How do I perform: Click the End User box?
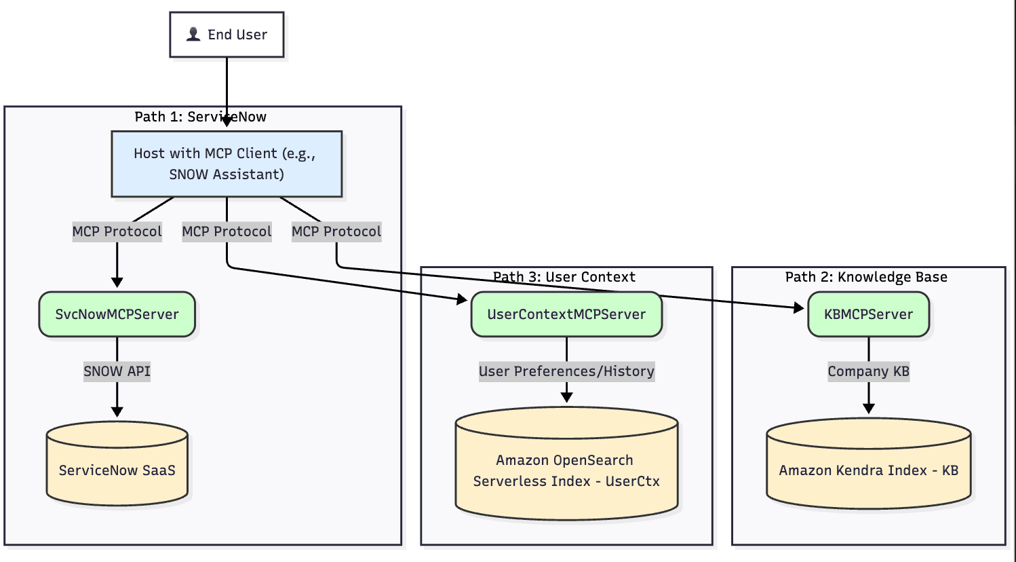(x=227, y=35)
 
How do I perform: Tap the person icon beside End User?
(x=193, y=34)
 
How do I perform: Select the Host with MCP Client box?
(x=227, y=164)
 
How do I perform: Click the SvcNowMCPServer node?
(x=117, y=314)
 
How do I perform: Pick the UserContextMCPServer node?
(x=566, y=314)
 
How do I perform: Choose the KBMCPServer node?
(x=868, y=314)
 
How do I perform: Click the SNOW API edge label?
(x=117, y=371)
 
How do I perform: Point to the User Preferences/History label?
(x=566, y=371)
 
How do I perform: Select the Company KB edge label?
(x=868, y=371)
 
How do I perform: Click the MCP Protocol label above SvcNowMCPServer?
(x=117, y=231)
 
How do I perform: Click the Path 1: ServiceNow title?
(x=200, y=117)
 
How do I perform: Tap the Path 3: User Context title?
(x=564, y=277)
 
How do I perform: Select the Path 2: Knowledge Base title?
(x=866, y=277)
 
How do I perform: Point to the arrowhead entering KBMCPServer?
(x=799, y=307)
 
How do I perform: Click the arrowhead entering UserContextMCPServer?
(x=463, y=299)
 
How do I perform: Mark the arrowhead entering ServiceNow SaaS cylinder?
(x=117, y=411)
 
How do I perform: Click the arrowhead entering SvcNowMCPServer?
(x=117, y=282)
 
